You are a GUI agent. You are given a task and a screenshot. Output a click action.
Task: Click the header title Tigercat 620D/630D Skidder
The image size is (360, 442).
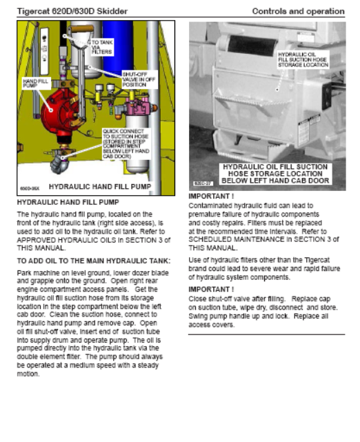(72, 11)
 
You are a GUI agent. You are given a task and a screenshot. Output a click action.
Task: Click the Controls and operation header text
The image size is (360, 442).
(298, 11)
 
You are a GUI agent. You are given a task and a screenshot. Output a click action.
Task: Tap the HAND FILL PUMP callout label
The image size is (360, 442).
(36, 83)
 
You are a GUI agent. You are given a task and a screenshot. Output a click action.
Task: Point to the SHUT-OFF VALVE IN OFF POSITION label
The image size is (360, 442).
(139, 79)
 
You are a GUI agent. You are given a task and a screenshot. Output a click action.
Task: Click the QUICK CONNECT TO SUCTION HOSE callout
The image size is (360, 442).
(126, 143)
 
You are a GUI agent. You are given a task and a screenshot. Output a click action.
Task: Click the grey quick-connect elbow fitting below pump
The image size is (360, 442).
(60, 164)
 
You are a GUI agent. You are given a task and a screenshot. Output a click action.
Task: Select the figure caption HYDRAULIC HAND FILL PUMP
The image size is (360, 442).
(100, 187)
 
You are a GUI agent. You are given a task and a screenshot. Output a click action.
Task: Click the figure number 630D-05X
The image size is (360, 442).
(30, 188)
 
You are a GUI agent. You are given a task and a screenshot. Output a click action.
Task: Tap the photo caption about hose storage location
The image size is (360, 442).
(275, 174)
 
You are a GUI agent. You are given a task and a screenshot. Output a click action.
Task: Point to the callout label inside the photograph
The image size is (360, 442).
(303, 59)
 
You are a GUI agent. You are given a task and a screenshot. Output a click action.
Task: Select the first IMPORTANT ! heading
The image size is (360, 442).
(211, 197)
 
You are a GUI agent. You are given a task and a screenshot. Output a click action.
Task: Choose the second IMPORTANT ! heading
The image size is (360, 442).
(211, 290)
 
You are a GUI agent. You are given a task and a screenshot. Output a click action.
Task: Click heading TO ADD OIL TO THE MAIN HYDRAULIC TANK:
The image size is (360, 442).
(94, 261)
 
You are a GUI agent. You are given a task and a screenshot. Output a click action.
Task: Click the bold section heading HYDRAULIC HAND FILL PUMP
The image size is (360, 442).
(68, 203)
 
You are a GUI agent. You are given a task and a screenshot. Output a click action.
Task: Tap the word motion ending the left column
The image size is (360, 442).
(28, 374)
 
